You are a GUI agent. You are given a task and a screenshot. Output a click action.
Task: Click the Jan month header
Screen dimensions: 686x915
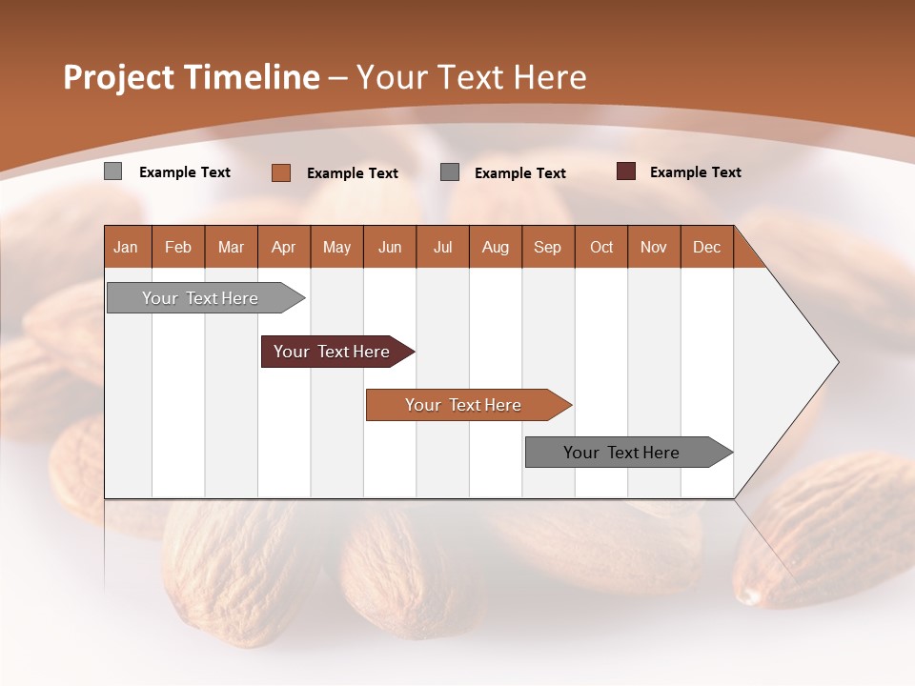[126, 247]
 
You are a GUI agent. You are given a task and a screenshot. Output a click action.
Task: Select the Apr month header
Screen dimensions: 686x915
[283, 247]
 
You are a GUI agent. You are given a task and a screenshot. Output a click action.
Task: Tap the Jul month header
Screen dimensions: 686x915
[442, 247]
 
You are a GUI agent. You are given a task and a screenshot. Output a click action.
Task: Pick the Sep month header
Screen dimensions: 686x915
[547, 247]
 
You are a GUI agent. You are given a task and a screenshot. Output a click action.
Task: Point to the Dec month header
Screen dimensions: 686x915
[706, 247]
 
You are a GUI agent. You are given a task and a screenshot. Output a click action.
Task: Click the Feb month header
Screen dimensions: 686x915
[178, 247]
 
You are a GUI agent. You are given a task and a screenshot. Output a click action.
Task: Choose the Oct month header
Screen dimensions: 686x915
[601, 247]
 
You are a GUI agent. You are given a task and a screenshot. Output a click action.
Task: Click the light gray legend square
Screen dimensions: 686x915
[112, 171]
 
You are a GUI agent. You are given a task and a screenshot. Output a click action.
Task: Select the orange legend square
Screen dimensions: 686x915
[280, 172]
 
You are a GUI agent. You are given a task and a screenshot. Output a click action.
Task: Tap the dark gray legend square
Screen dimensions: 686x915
[450, 172]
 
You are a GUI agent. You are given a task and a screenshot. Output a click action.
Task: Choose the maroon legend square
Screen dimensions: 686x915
[625, 171]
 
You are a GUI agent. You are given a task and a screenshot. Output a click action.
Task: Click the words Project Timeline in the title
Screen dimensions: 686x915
[192, 77]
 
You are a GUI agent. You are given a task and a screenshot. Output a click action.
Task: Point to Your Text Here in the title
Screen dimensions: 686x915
[471, 77]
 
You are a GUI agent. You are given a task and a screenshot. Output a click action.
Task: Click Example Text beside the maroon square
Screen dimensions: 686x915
[695, 172]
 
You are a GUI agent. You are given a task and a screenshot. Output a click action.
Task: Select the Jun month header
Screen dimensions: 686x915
[390, 247]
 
